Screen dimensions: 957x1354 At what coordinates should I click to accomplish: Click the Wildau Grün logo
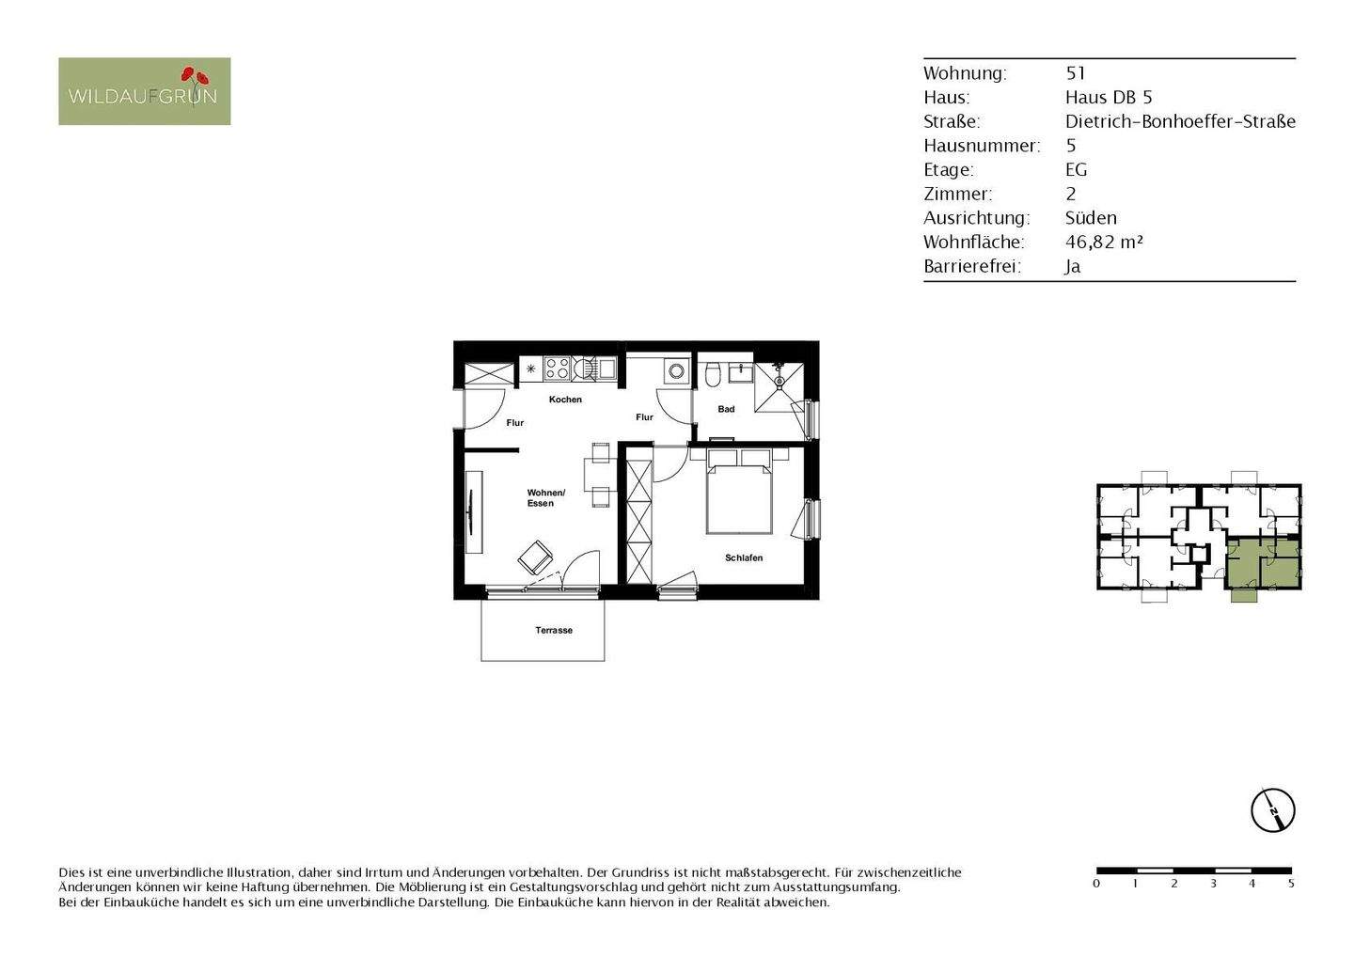tap(144, 91)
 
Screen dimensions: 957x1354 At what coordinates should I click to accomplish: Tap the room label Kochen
tap(565, 400)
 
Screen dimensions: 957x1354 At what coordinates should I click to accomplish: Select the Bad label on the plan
tap(726, 409)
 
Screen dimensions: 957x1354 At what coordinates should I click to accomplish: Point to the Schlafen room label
tap(744, 558)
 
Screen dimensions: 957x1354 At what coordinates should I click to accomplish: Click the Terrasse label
tap(554, 630)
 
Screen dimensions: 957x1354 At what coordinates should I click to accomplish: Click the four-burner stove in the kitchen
tap(557, 369)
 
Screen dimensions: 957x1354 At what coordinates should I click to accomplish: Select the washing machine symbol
tap(676, 370)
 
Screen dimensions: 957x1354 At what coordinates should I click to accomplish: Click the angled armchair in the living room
tap(535, 557)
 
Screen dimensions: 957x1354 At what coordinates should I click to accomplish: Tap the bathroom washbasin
tap(740, 372)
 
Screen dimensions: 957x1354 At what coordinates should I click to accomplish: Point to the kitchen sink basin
tap(607, 368)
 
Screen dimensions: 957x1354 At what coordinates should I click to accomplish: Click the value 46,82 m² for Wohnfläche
tap(1104, 242)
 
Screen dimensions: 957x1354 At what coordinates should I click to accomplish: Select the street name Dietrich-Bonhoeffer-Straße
tap(1180, 121)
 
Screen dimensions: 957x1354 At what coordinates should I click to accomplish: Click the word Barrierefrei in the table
tap(972, 266)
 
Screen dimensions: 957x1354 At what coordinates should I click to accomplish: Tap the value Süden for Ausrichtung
tap(1091, 217)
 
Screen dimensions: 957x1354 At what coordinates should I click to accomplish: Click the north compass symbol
tap(1272, 809)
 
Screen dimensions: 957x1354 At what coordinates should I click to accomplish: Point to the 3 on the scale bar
tap(1213, 884)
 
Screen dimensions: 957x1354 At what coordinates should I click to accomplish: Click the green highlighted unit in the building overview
tap(1263, 561)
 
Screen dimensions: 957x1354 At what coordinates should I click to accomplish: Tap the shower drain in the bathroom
tap(779, 384)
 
